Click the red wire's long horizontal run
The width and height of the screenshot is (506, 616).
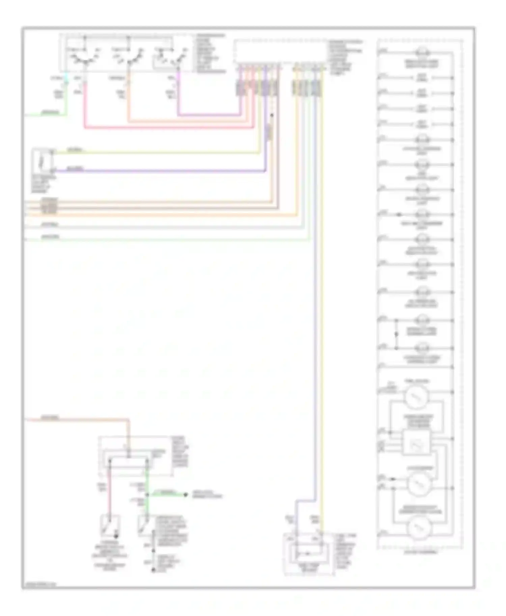[169, 128]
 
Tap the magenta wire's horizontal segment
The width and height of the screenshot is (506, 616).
[209, 115]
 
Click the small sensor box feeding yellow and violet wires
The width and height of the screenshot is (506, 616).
[43, 162]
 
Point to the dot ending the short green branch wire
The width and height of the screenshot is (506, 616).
[185, 495]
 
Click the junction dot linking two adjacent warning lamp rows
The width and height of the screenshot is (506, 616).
[396, 334]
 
